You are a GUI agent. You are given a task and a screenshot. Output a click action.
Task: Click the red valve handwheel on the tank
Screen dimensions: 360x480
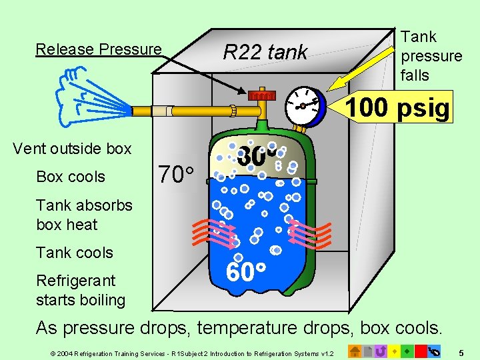[261, 95]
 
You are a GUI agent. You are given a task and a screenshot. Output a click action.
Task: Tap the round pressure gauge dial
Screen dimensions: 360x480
[305, 105]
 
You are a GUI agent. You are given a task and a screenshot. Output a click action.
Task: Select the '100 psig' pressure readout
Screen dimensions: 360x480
[398, 107]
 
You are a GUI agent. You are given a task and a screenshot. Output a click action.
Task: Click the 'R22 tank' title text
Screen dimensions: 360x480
[265, 51]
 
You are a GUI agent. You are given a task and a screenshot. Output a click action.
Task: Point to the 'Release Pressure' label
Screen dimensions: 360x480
[99, 49]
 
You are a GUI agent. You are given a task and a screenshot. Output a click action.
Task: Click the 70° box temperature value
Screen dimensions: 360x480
[175, 175]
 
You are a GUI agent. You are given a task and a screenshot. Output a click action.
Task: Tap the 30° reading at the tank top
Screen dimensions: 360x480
[256, 157]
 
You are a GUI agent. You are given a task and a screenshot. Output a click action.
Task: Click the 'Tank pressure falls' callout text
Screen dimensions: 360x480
[431, 56]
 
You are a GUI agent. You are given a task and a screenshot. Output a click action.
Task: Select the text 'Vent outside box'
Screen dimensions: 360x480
[72, 149]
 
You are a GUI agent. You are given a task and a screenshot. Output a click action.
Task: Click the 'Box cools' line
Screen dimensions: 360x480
[71, 177]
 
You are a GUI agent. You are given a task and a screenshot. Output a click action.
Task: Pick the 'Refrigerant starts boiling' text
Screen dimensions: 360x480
[80, 290]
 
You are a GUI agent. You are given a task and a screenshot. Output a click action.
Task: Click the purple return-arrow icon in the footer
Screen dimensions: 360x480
[381, 350]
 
